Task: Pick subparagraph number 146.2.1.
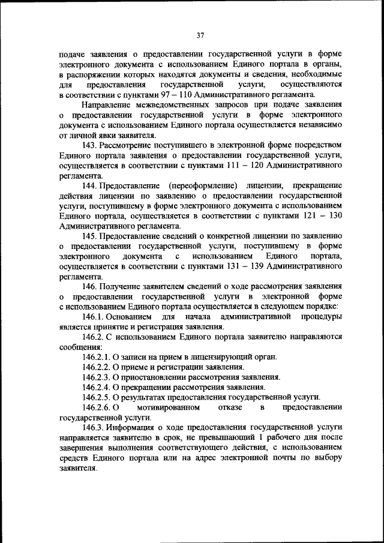pos(99,357)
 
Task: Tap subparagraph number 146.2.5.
pos(99,398)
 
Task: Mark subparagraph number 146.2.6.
pos(99,408)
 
